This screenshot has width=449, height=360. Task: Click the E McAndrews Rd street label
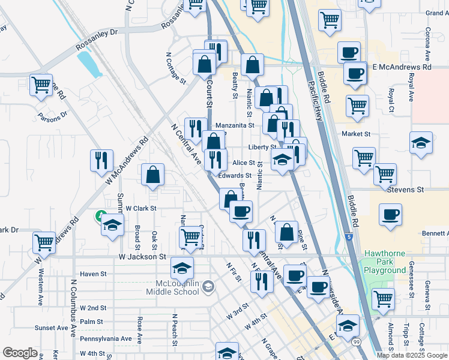(402, 67)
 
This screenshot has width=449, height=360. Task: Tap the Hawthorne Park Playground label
(384, 262)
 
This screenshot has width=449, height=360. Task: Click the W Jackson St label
(141, 257)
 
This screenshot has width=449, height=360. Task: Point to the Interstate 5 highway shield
(349, 237)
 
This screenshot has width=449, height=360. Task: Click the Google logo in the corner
(20, 353)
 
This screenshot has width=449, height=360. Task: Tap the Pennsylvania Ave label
(106, 338)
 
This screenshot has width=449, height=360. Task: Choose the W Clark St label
(140, 208)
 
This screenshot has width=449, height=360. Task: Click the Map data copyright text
(412, 355)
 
